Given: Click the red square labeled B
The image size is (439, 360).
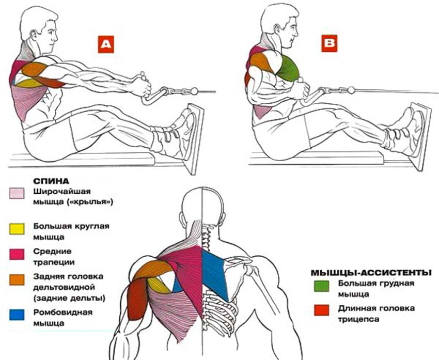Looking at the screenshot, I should pos(328,44).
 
